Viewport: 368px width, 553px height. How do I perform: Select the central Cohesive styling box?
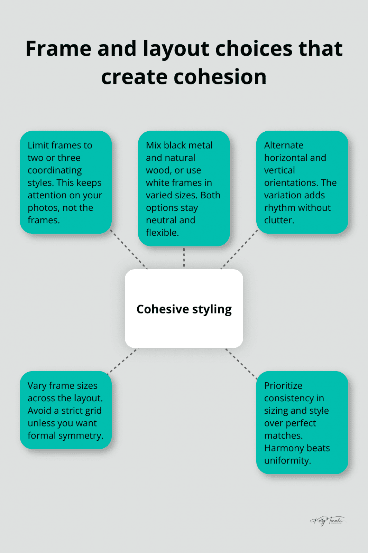(x=184, y=309)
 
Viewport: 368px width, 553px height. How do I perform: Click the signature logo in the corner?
(x=327, y=521)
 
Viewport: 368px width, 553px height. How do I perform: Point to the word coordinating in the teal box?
(x=55, y=170)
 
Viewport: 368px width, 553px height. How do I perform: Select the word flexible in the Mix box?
(x=162, y=233)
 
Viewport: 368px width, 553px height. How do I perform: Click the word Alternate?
(x=284, y=145)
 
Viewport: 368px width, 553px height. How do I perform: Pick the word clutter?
(x=279, y=220)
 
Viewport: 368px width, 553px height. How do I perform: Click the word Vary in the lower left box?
(x=37, y=386)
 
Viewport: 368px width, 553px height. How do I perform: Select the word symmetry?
(x=83, y=435)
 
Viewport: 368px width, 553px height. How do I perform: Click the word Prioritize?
(x=283, y=386)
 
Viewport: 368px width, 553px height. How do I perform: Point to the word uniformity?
(x=287, y=460)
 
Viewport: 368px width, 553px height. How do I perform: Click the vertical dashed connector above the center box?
(x=184, y=257)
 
